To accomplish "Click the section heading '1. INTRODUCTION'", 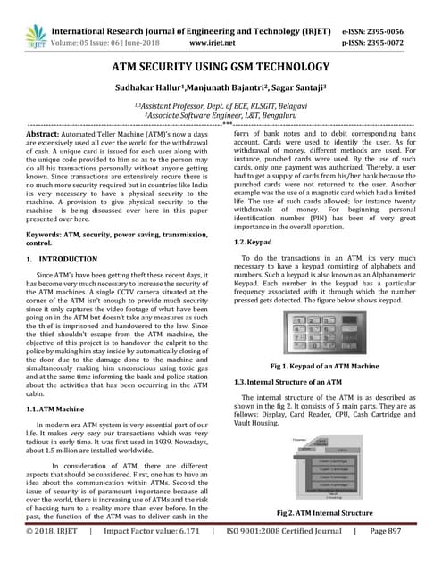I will [x=63, y=259].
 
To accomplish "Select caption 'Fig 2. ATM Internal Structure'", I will [x=327, y=514].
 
